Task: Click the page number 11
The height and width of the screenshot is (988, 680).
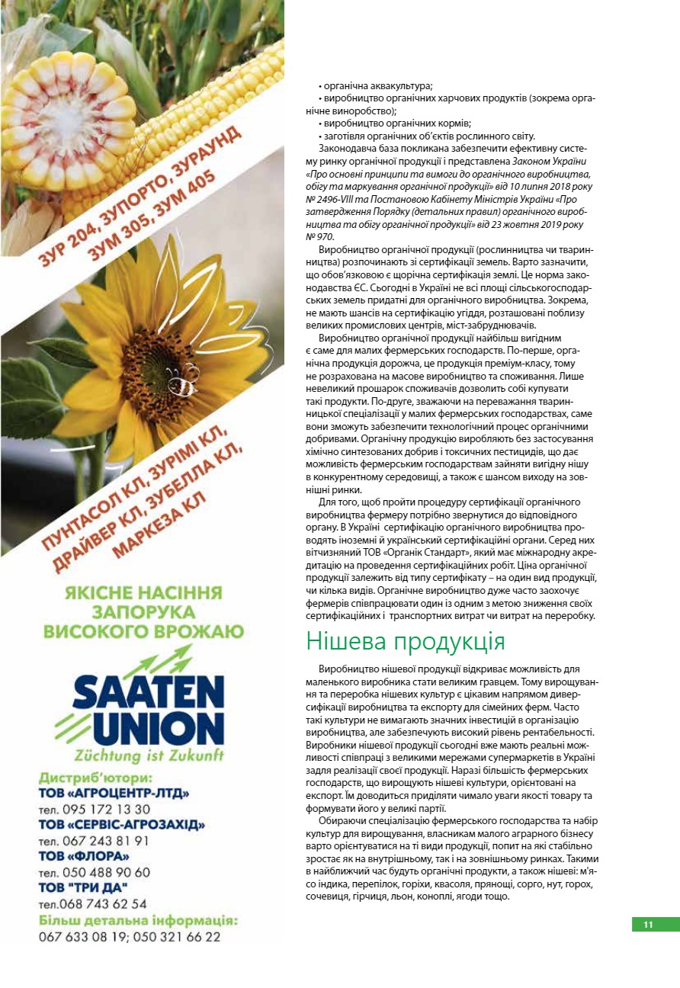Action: pyautogui.click(x=649, y=925)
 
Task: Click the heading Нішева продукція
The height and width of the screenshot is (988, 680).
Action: pyautogui.click(x=405, y=641)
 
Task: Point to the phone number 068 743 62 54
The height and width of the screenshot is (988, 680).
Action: pyautogui.click(x=92, y=904)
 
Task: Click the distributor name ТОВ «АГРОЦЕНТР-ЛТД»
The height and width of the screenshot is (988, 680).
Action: pyautogui.click(x=114, y=794)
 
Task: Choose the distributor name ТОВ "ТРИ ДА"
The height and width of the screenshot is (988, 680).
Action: pyautogui.click(x=82, y=888)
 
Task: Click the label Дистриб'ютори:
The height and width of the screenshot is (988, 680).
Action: pyautogui.click(x=95, y=778)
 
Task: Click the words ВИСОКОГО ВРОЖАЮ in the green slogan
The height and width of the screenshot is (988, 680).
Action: pyautogui.click(x=143, y=631)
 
